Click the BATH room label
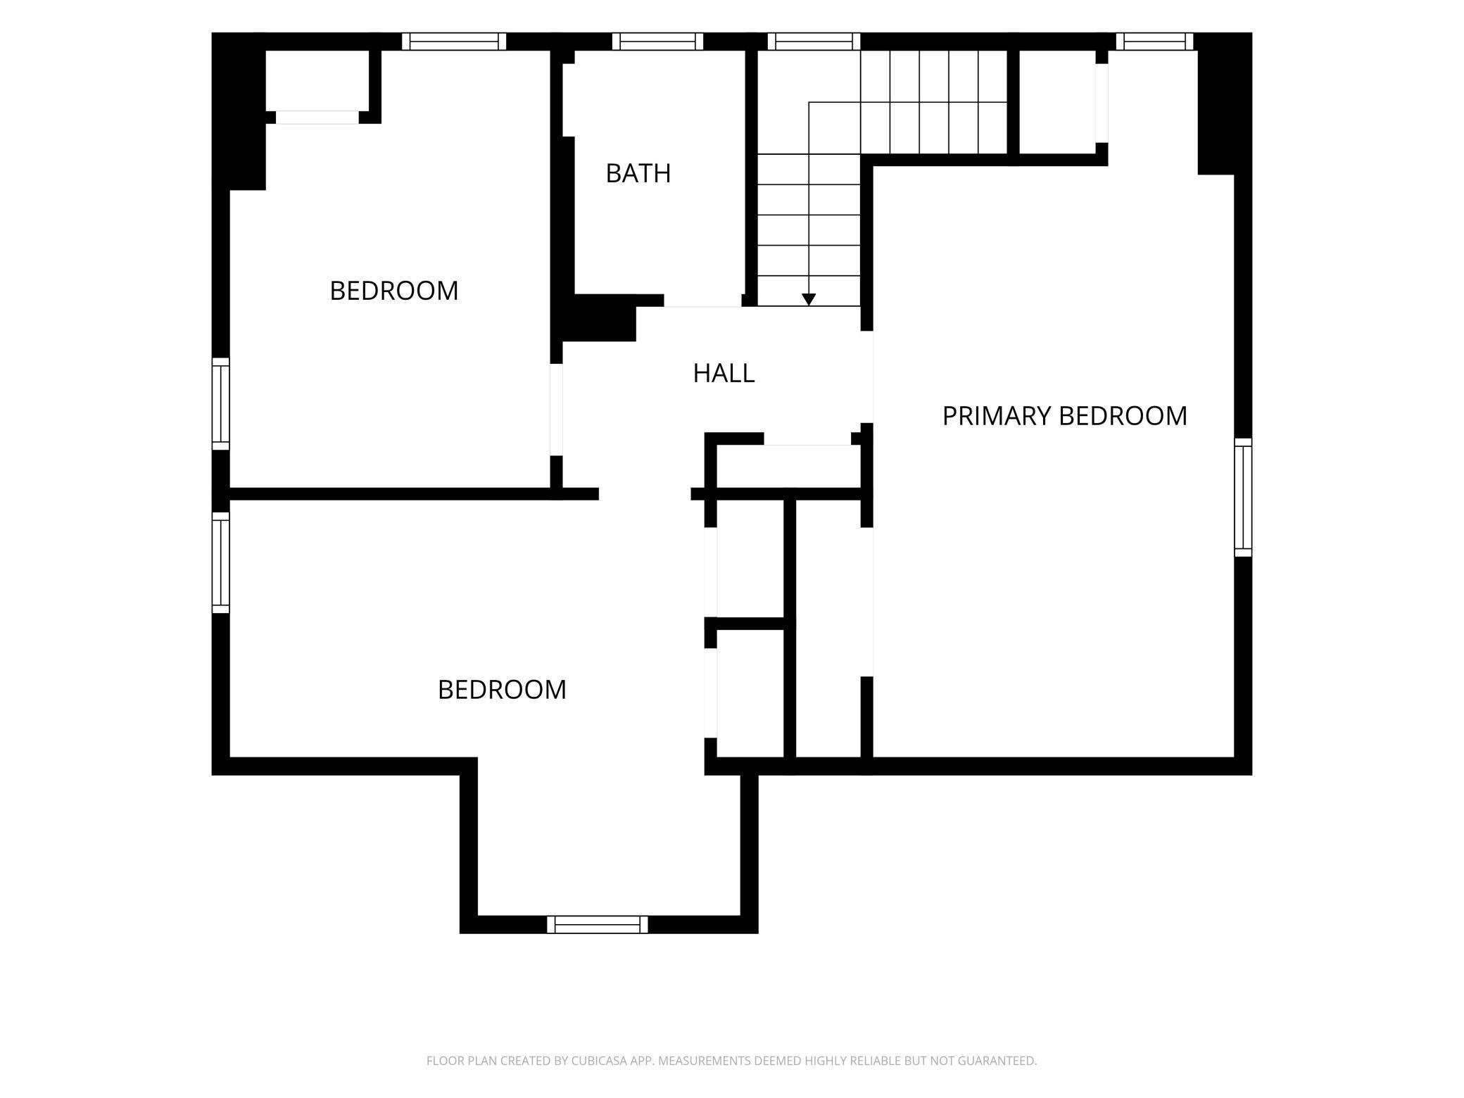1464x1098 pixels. click(x=638, y=173)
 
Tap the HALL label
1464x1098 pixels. click(x=724, y=373)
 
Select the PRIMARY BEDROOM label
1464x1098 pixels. click(x=1064, y=416)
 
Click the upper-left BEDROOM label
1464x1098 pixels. click(x=393, y=291)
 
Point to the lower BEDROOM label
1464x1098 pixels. click(x=502, y=690)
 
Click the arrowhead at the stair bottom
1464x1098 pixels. click(x=809, y=299)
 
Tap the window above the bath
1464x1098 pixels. click(x=657, y=42)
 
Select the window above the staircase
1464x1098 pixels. click(x=814, y=42)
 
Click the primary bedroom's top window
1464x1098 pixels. click(x=1154, y=42)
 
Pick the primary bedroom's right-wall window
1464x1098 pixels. click(x=1244, y=497)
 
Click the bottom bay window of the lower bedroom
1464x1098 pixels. click(x=598, y=924)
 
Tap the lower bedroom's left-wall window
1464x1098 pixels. click(x=221, y=562)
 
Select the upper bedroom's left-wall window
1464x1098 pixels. click(x=221, y=404)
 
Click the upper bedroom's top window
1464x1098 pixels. click(x=454, y=42)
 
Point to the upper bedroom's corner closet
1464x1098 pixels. click(x=317, y=80)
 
